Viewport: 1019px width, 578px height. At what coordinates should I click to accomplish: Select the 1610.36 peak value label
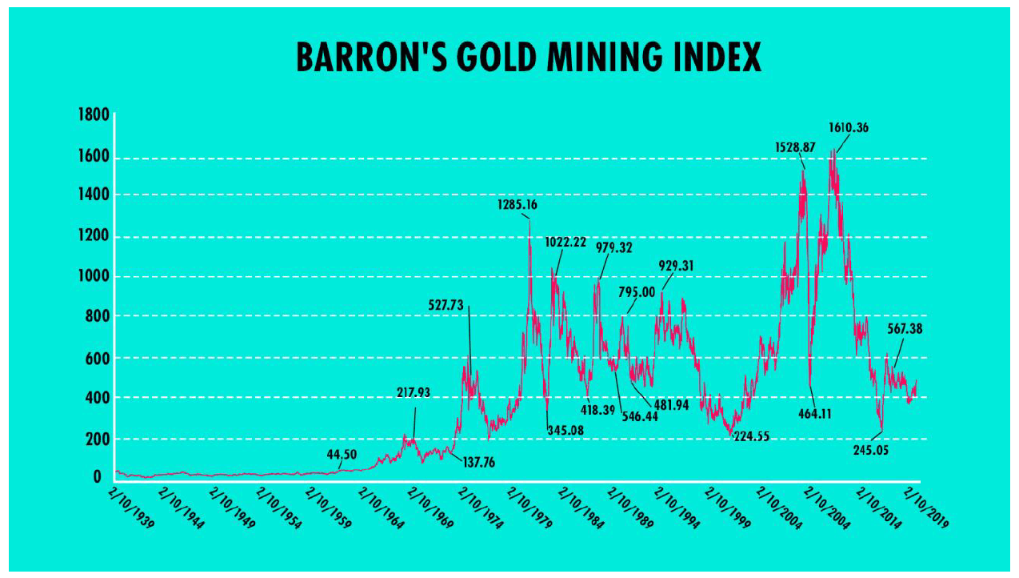pos(849,126)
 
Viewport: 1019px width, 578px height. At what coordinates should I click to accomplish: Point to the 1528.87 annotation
pos(795,147)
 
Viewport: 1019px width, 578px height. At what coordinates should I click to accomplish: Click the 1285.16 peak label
pos(517,205)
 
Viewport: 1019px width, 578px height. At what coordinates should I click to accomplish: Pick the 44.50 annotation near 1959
pos(342,454)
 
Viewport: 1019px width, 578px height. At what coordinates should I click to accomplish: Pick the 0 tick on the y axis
pos(97,477)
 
